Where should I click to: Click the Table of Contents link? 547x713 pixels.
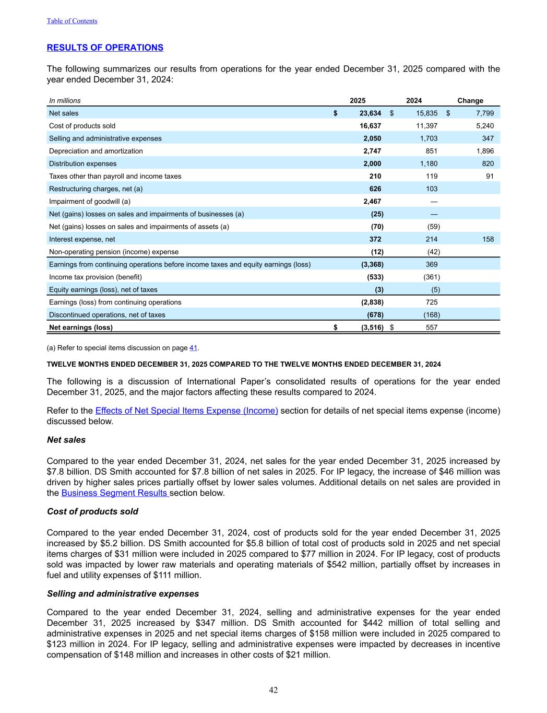[x=72, y=21]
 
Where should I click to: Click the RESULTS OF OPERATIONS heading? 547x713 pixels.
[x=105, y=48]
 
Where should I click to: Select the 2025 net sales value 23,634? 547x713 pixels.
[x=370, y=113]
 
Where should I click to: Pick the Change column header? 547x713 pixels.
[x=470, y=101]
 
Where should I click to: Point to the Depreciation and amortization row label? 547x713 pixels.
[x=96, y=151]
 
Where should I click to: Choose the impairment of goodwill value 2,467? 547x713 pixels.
[x=372, y=202]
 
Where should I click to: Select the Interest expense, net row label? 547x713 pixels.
[x=82, y=239]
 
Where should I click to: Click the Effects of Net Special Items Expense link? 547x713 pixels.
[x=186, y=411]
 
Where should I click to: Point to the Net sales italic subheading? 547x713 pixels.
[x=66, y=440]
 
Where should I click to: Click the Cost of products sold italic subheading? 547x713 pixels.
[x=92, y=511]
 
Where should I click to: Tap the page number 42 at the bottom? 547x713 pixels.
[x=273, y=690]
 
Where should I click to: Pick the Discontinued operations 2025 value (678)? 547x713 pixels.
[x=373, y=315]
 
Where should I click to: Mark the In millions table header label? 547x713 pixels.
[x=65, y=101]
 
